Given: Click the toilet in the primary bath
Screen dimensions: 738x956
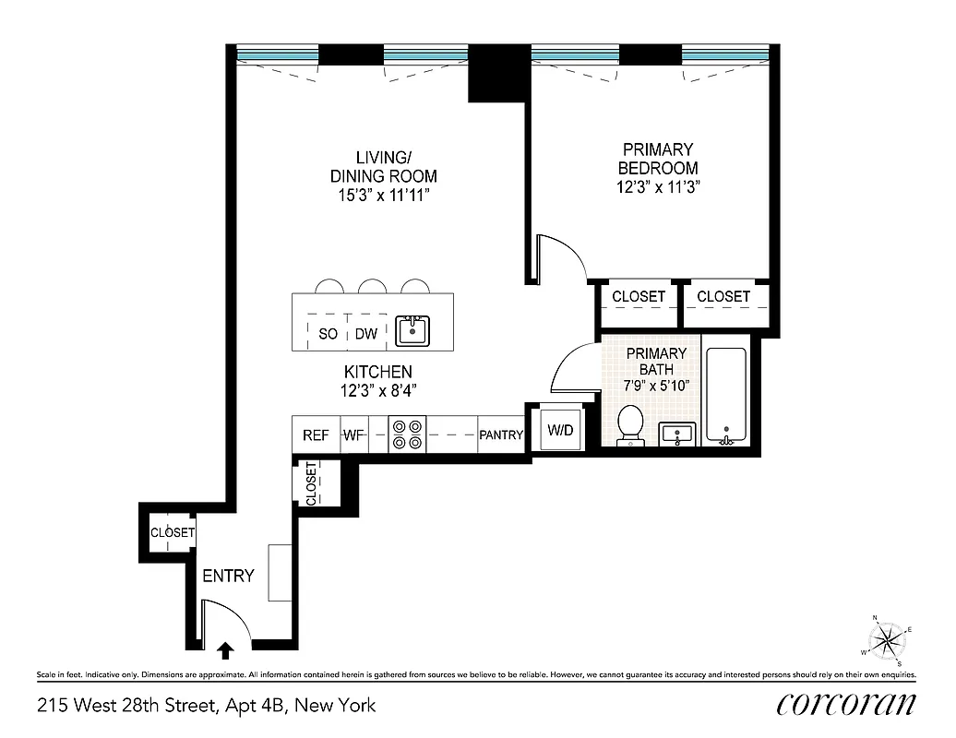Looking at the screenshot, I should pyautogui.click(x=631, y=424).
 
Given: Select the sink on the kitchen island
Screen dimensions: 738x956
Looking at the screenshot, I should pyautogui.click(x=412, y=330).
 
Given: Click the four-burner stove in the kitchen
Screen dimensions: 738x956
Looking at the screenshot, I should pyautogui.click(x=407, y=434).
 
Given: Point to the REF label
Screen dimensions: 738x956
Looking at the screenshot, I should pyautogui.click(x=316, y=435).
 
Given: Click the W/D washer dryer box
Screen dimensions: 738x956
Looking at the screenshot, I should pyautogui.click(x=560, y=430).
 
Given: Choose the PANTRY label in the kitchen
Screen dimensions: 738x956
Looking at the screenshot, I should pyautogui.click(x=501, y=435).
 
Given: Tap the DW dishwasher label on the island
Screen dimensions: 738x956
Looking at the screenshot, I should pyautogui.click(x=366, y=334).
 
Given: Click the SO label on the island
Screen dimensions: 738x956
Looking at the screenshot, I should pyautogui.click(x=328, y=334).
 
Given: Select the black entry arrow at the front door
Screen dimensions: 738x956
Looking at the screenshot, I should pyautogui.click(x=224, y=652).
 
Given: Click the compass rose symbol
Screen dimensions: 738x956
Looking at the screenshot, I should pyautogui.click(x=887, y=638).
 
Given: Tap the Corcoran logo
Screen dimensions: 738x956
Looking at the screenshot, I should pyautogui.click(x=845, y=704).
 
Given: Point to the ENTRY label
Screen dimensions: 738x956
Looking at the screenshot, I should pyautogui.click(x=228, y=576).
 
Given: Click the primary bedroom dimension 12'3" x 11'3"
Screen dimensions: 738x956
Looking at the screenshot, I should pyautogui.click(x=657, y=187).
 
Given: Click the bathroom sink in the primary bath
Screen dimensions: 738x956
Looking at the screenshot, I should pyautogui.click(x=679, y=434).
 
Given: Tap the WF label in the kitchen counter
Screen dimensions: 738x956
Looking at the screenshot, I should pyautogui.click(x=354, y=435).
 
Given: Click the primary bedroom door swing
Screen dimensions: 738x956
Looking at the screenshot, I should pyautogui.click(x=561, y=257).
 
